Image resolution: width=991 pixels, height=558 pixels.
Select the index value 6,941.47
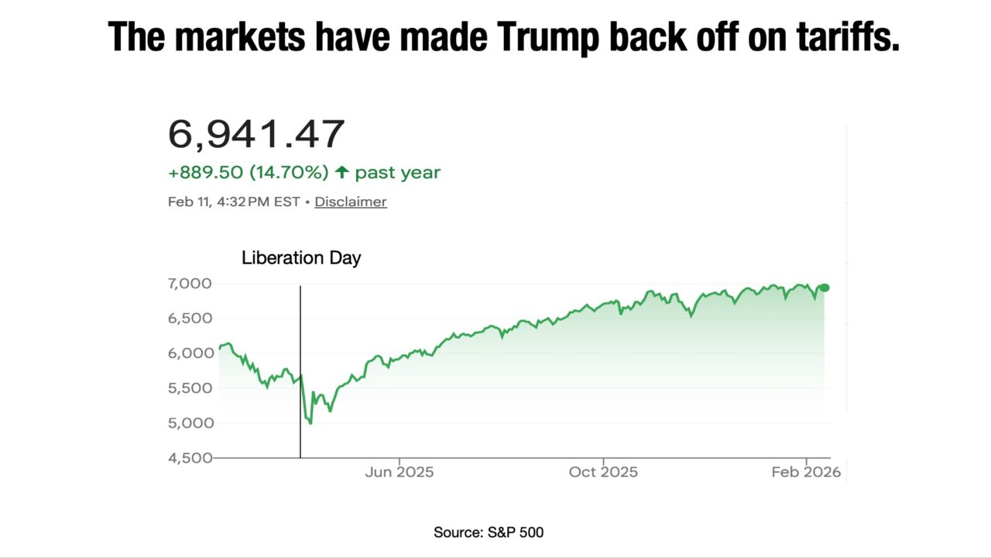pyautogui.click(x=256, y=135)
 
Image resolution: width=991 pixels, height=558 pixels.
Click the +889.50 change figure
pyautogui.click(x=206, y=172)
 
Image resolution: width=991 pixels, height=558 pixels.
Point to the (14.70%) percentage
pyautogui.click(x=290, y=172)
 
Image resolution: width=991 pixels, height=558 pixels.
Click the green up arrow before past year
pyautogui.click(x=341, y=172)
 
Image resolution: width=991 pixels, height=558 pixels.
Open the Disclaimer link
pyautogui.click(x=351, y=201)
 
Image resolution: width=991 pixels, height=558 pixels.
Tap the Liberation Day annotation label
pyautogui.click(x=301, y=258)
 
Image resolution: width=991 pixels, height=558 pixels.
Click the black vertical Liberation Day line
pyautogui.click(x=300, y=372)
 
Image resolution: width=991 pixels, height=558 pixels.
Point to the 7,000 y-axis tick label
pyautogui.click(x=190, y=284)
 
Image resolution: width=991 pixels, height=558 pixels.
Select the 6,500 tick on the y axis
pyautogui.click(x=190, y=319)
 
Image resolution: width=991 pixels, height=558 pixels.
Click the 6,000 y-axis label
pyautogui.click(x=190, y=353)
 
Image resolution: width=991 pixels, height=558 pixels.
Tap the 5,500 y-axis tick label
pyautogui.click(x=190, y=388)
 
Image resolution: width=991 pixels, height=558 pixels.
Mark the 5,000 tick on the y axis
pyautogui.click(x=190, y=423)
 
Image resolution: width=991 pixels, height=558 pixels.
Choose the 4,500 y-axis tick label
pyautogui.click(x=190, y=458)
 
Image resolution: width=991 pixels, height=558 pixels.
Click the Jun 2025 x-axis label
pyautogui.click(x=399, y=472)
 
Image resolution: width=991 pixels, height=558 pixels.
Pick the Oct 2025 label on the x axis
pyautogui.click(x=604, y=472)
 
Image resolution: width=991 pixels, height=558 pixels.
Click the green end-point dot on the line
pyautogui.click(x=825, y=288)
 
